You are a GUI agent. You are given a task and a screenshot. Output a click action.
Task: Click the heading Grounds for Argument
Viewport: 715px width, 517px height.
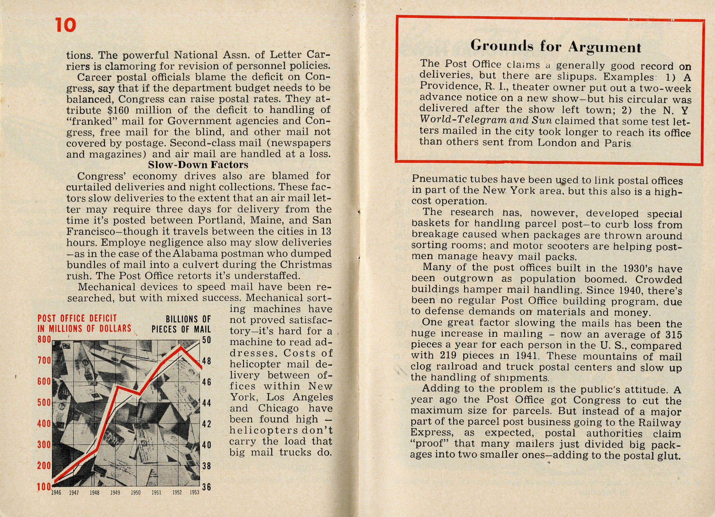click(x=555, y=47)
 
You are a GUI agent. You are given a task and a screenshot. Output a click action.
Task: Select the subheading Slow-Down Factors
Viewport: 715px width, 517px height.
click(x=198, y=165)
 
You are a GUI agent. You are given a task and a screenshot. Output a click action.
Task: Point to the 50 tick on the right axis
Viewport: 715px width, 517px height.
click(x=206, y=340)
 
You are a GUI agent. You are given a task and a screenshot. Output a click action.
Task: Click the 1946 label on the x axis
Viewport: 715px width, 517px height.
click(x=56, y=493)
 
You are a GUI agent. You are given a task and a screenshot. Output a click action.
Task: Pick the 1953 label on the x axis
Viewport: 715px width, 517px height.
click(x=194, y=492)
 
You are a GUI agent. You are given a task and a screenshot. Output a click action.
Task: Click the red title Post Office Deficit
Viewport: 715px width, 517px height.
click(x=77, y=318)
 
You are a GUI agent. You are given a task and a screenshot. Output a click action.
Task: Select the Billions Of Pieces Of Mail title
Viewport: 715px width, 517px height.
click(x=181, y=324)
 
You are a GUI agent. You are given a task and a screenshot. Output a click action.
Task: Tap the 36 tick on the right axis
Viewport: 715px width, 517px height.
click(x=206, y=487)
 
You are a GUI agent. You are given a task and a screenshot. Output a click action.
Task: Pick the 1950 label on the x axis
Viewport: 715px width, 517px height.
click(x=136, y=493)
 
